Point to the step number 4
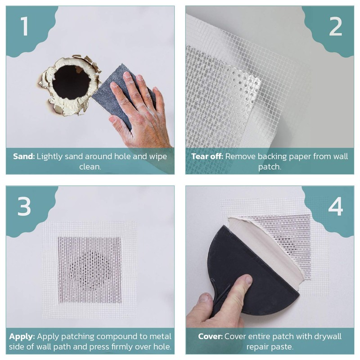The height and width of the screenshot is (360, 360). (335, 206)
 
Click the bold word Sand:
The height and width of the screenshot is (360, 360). (24, 157)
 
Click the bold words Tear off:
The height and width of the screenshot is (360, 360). (207, 157)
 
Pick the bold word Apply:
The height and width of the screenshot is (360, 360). (23, 336)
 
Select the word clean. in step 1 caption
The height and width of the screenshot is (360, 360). (90, 167)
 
